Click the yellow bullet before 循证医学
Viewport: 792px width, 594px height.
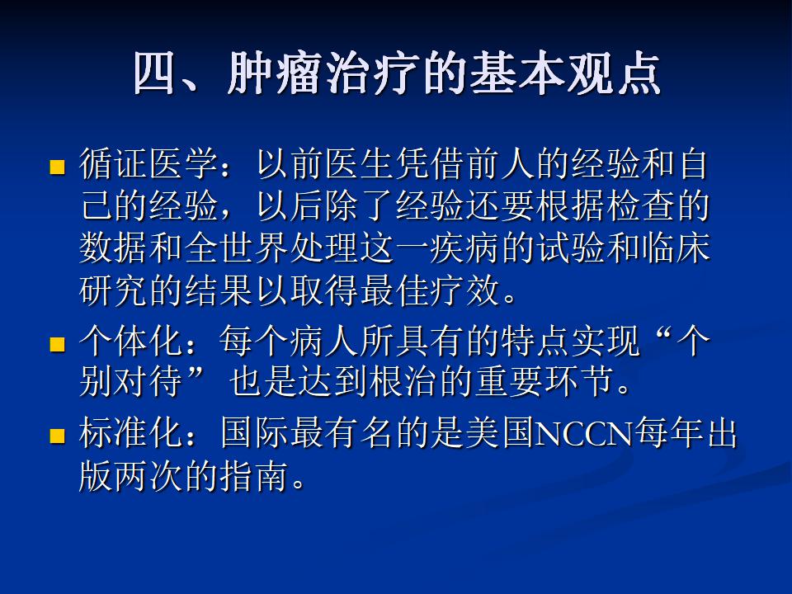58,167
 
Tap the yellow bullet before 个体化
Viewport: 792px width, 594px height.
58,345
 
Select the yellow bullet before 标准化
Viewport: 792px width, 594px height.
58,436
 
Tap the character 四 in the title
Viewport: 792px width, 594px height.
154,73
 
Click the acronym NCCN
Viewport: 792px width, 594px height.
584,435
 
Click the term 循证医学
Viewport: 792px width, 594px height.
148,164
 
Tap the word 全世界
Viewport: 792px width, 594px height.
237,248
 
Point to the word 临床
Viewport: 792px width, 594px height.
676,248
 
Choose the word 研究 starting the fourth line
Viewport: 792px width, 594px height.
114,290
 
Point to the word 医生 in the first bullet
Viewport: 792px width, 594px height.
359,164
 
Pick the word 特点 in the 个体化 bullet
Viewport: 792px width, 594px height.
535,342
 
